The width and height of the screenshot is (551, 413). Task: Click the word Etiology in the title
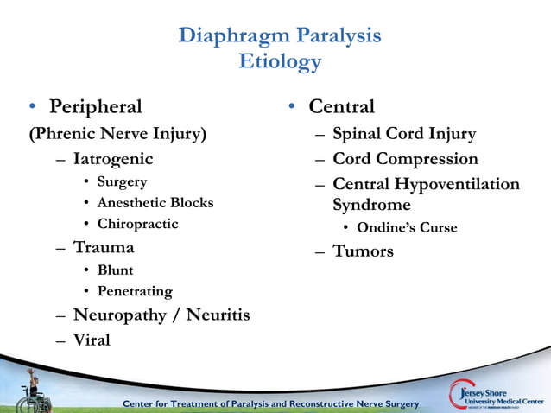(279, 62)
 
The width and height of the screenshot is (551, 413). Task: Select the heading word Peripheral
(95, 107)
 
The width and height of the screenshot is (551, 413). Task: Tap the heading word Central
(341, 107)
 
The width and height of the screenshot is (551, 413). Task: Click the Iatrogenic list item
(113, 159)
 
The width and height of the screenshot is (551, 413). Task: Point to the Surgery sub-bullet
(122, 181)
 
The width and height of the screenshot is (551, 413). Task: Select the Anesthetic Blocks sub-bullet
(155, 203)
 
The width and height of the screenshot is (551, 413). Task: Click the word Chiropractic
(137, 224)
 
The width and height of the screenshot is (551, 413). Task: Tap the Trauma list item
(104, 247)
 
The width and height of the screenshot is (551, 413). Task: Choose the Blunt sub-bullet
(115, 270)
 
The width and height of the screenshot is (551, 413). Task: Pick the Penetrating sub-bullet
(134, 291)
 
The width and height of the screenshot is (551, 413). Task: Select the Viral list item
(92, 340)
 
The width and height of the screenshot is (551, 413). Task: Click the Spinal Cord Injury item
(403, 134)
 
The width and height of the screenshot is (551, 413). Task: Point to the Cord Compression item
(405, 159)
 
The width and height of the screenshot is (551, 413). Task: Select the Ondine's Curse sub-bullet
(407, 228)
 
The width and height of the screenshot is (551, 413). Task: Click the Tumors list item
(363, 251)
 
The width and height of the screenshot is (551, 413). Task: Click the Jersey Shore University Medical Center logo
(497, 393)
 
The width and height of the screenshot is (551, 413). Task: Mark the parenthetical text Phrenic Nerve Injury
(117, 134)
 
